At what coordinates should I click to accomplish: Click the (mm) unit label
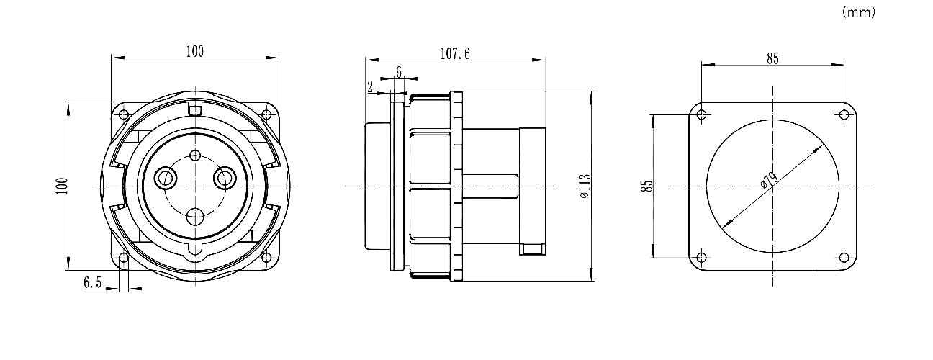pos(859,12)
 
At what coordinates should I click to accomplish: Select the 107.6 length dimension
pos(455,54)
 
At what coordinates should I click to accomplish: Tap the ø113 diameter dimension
pos(585,186)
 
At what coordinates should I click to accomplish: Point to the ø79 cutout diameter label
pos(769,181)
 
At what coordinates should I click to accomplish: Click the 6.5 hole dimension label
pos(92,282)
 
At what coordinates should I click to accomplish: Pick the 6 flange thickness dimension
pos(399,73)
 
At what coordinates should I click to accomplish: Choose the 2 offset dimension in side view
pos(370,87)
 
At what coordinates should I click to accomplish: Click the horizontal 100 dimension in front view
pos(195,52)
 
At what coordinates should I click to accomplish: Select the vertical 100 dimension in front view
pos(62,186)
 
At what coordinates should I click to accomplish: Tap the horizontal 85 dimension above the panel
pos(772,59)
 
